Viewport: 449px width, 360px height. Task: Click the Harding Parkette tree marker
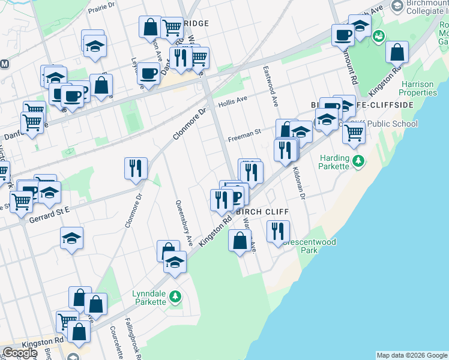click(x=358, y=161)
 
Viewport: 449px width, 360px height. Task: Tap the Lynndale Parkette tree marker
click(x=175, y=296)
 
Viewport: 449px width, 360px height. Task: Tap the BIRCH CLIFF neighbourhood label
click(x=263, y=212)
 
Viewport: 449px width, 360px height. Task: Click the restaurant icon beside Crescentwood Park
click(x=278, y=230)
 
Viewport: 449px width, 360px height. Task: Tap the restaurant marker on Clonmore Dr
click(x=136, y=167)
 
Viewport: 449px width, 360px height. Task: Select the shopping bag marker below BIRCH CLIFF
click(x=240, y=241)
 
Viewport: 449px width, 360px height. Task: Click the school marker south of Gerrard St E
click(x=71, y=238)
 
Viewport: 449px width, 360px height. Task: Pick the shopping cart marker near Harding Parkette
click(x=354, y=133)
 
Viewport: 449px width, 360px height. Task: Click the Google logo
click(x=20, y=353)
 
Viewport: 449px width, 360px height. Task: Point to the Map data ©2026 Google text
click(x=412, y=355)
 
